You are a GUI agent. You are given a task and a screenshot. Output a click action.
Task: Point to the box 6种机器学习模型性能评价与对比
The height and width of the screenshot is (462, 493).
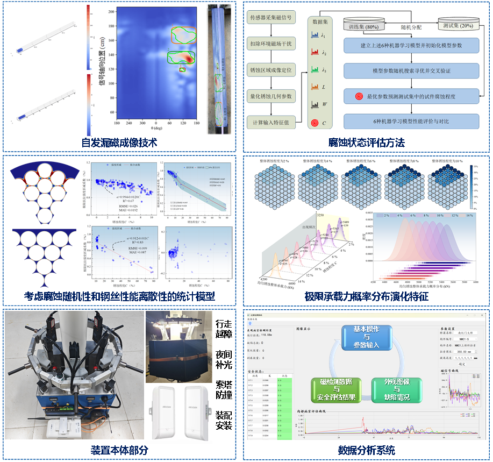pyautogui.click(x=411, y=122)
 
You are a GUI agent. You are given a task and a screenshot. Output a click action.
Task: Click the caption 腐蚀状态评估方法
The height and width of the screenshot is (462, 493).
pyautogui.click(x=367, y=143)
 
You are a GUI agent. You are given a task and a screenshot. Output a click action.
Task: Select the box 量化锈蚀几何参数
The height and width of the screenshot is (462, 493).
pyautogui.click(x=271, y=97)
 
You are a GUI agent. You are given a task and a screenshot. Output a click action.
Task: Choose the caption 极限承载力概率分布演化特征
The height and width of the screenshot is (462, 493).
pyautogui.click(x=367, y=296)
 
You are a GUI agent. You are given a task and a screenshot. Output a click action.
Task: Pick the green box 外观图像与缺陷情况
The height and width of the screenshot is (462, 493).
pyautogui.click(x=396, y=390)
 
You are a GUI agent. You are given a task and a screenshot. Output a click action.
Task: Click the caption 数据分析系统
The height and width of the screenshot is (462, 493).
pyautogui.click(x=367, y=450)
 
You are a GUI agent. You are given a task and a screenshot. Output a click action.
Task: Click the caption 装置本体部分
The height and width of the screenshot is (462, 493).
pyautogui.click(x=119, y=450)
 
